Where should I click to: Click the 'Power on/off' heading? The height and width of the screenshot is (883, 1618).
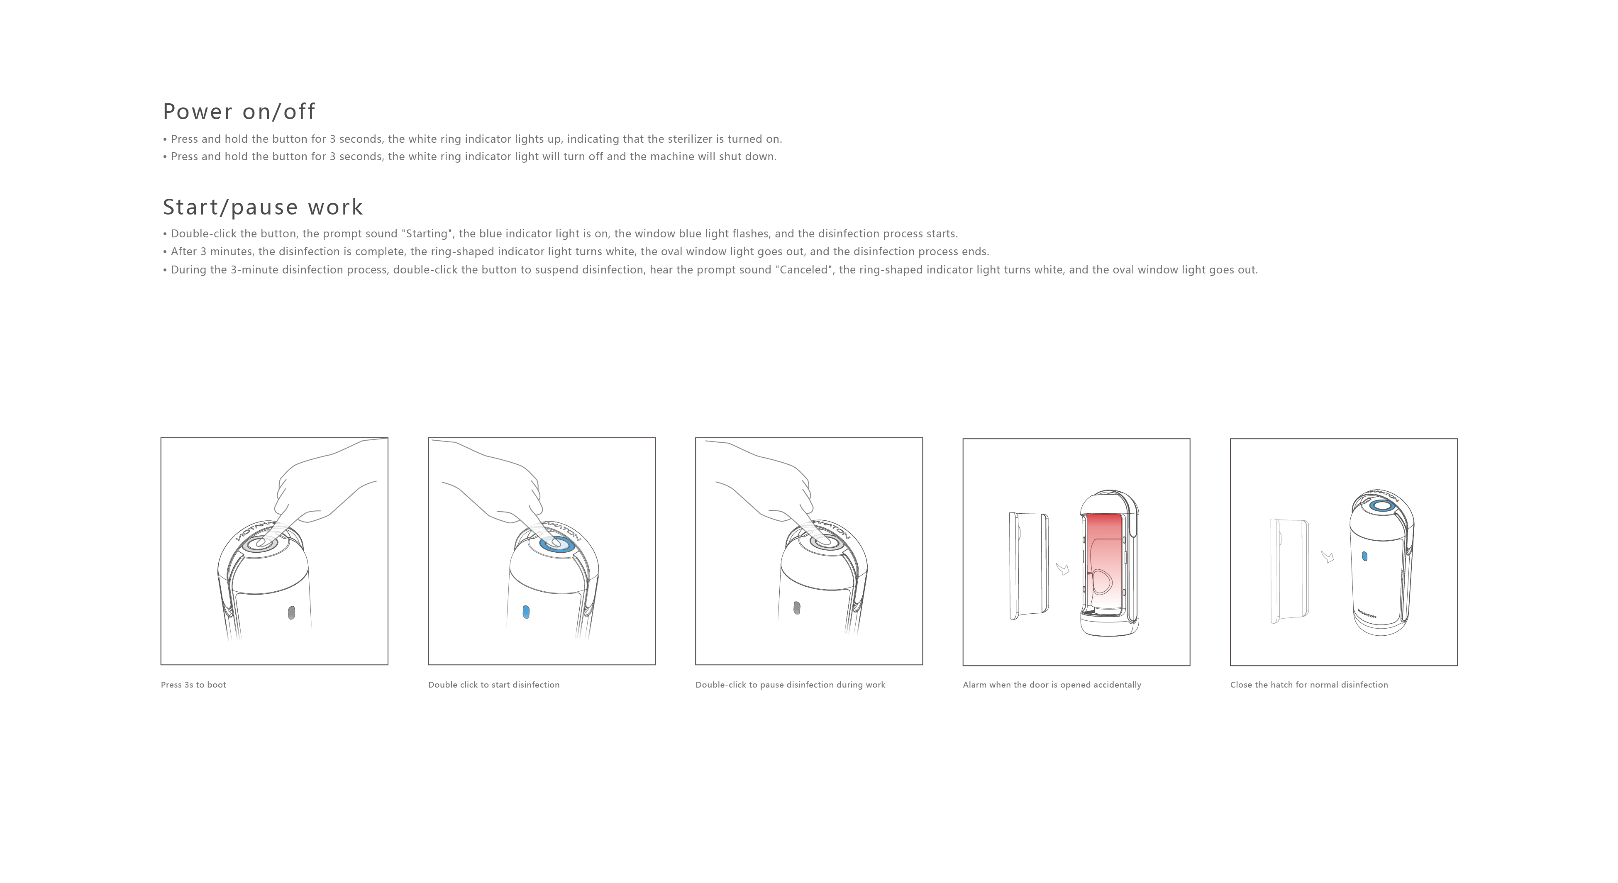pyautogui.click(x=239, y=112)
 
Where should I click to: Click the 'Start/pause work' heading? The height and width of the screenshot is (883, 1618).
pyautogui.click(x=263, y=207)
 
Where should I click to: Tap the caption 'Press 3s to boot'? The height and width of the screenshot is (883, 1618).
pyautogui.click(x=193, y=685)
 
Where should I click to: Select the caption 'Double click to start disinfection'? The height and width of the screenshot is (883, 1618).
pyautogui.click(x=494, y=685)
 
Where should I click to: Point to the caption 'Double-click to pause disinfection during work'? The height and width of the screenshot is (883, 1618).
pyautogui.click(x=790, y=685)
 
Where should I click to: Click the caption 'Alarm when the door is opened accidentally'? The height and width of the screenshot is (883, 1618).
pyautogui.click(x=1052, y=685)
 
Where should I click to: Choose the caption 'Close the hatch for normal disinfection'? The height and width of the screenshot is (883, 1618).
pyautogui.click(x=1309, y=685)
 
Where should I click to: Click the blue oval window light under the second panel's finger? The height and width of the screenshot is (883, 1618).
pyautogui.click(x=526, y=612)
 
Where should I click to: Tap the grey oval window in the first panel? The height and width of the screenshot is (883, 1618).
pyautogui.click(x=291, y=612)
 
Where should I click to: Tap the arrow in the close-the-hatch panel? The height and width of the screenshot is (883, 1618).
pyautogui.click(x=1328, y=557)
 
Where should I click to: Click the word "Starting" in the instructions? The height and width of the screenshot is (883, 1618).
pyautogui.click(x=427, y=234)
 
